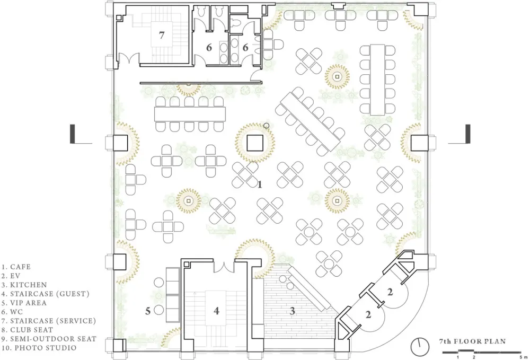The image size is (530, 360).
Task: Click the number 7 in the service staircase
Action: [162, 34]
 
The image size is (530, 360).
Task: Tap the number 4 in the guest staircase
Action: [216, 310]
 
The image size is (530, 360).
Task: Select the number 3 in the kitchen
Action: [293, 311]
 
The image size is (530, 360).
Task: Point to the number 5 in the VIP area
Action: [148, 311]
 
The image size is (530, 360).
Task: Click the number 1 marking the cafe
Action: [260, 185]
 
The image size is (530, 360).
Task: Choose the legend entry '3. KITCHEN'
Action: [24, 285]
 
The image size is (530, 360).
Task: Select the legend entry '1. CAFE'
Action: [16, 267]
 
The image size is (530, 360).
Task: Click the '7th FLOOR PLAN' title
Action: [472, 341]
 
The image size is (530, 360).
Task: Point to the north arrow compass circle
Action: [420, 347]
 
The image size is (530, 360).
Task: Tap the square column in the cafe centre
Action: [255, 143]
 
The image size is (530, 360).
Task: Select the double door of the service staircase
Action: [128, 59]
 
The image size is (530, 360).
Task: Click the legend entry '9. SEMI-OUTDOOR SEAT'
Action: [49, 339]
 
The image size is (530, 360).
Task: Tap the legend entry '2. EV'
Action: [11, 276]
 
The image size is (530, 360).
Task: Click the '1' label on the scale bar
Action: [458, 357]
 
